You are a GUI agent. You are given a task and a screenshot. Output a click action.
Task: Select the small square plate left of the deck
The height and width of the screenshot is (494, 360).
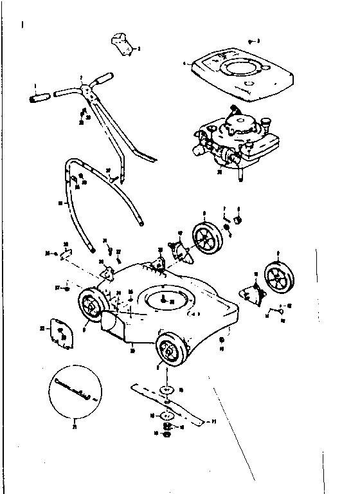click(x=60, y=331)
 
